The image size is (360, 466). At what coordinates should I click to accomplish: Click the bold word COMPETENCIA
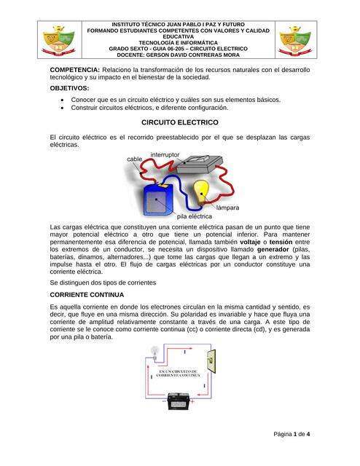tap(74, 69)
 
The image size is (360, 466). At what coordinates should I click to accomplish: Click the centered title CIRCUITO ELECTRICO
tap(179, 123)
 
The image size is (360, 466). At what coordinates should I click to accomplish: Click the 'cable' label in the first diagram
tap(135, 159)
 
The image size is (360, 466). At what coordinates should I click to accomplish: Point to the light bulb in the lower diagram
tap(154, 351)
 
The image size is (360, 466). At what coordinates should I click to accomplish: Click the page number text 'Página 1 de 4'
tap(291, 434)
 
